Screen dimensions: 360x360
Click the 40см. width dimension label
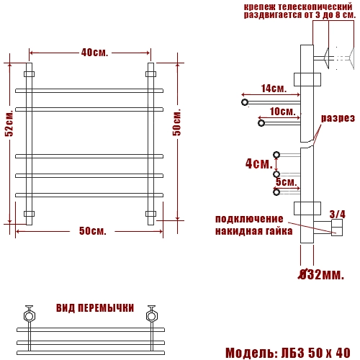click(94, 53)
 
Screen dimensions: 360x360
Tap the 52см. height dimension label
click(9, 123)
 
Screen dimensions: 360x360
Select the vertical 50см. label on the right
click(177, 122)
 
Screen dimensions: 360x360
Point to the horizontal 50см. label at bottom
click(93, 231)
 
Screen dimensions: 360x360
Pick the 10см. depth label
click(282, 112)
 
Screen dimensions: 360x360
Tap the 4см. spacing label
click(259, 163)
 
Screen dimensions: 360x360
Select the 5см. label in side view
click(286, 182)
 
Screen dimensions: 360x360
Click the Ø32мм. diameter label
click(321, 274)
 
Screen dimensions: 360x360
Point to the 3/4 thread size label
click(338, 214)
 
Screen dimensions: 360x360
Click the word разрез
click(338, 118)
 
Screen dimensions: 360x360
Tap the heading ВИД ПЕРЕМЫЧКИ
click(95, 308)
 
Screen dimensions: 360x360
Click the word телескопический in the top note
click(315, 6)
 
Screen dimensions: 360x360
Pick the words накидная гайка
click(254, 231)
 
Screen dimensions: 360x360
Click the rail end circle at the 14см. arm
click(245, 102)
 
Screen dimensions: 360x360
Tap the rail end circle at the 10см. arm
click(261, 123)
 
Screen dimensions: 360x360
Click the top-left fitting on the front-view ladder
click(29, 74)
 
